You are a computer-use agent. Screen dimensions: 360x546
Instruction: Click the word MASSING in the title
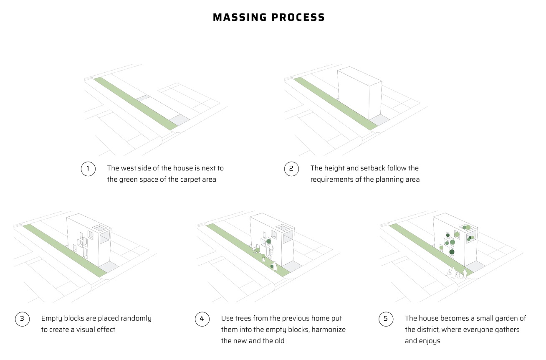(240, 18)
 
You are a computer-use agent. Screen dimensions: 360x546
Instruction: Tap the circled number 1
(88, 169)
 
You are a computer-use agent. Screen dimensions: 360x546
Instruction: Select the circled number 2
(291, 169)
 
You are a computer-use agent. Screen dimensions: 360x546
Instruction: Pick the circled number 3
(22, 319)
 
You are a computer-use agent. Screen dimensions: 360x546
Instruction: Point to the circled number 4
(202, 319)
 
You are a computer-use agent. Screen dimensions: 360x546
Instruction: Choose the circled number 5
(386, 319)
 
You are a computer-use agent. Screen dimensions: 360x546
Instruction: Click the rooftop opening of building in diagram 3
(99, 228)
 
